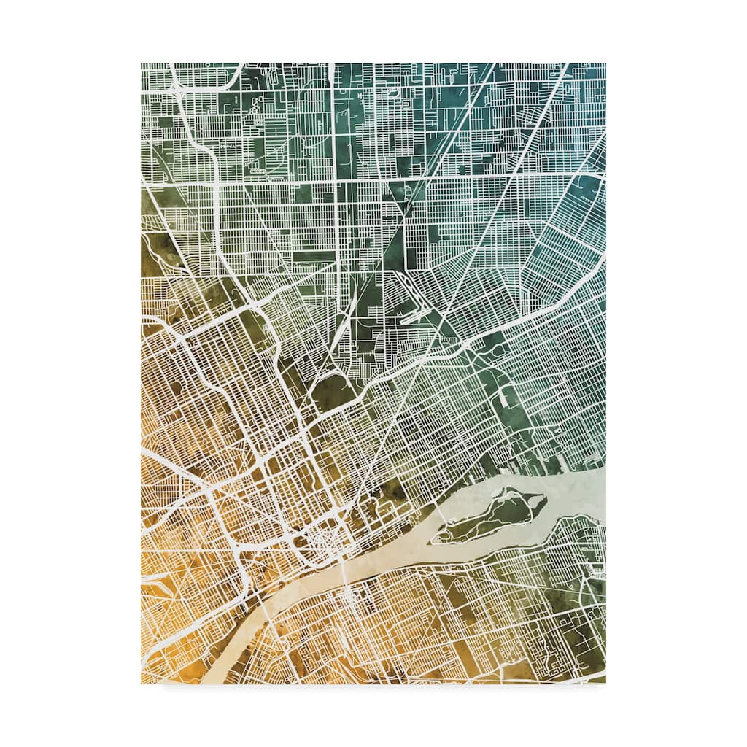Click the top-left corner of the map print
pyautogui.click(x=142, y=64)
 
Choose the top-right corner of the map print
pyautogui.click(x=605, y=64)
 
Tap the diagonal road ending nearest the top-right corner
pyautogui.click(x=565, y=67)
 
